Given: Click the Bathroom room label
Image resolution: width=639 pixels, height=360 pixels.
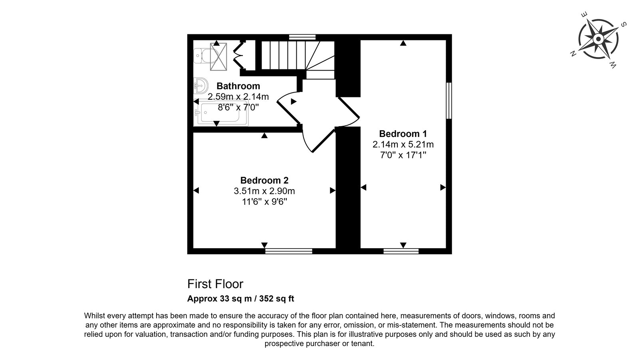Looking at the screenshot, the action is coord(238,86).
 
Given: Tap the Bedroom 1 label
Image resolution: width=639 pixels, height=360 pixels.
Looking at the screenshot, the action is coord(403,134).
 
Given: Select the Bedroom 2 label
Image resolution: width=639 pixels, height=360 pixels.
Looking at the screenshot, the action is coord(264,180).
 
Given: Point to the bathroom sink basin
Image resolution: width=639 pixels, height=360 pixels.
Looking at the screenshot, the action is coord(201,85).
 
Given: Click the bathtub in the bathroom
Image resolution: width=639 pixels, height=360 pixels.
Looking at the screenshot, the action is coord(221,113).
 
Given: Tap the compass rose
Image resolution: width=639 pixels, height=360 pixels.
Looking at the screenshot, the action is coord(598,39).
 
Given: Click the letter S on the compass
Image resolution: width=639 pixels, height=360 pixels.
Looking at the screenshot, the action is coord(623,24).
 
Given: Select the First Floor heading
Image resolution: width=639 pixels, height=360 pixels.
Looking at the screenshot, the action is coord(215,284).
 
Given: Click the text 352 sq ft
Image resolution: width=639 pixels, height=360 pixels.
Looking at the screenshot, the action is coord(276,299).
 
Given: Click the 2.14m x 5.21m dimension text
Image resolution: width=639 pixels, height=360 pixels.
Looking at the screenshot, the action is coord(403,144).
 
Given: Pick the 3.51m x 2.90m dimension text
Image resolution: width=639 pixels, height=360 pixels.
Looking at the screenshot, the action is coord(264,191).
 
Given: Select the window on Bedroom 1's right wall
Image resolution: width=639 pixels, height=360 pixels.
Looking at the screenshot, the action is coord(449,101).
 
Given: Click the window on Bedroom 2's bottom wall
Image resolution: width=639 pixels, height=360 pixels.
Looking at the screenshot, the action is coord(289,251).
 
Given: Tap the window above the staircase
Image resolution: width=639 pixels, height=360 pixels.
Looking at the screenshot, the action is coord(302,37).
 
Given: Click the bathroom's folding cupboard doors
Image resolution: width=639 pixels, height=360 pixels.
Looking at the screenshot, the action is coord(239,55).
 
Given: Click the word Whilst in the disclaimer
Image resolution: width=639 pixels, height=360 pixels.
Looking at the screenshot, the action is coord(94,316).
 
